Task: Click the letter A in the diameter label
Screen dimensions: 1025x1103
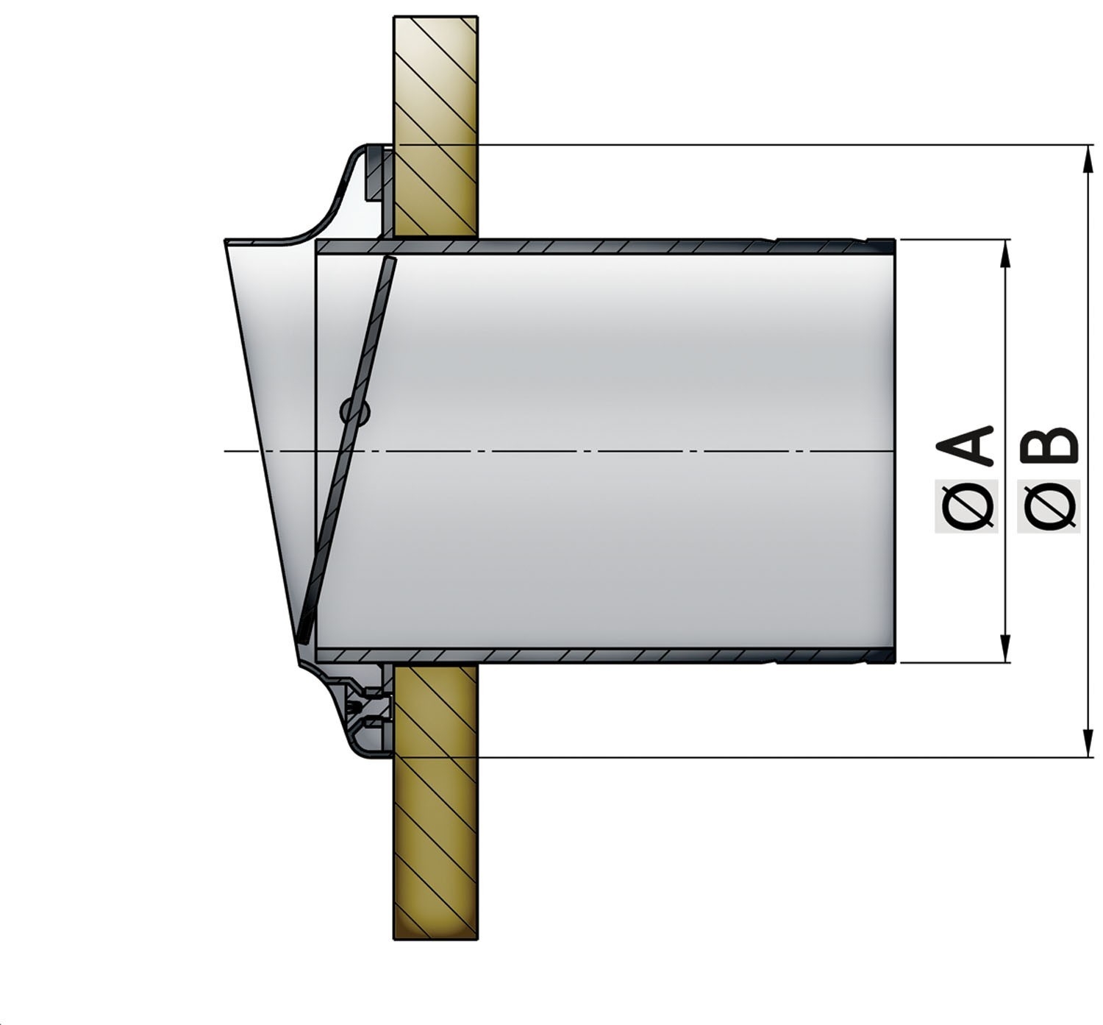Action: click(967, 445)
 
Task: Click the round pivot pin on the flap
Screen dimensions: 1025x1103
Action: click(355, 412)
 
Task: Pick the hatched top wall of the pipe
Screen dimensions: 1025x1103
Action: click(588, 247)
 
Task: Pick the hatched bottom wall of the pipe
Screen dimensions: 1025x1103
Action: click(588, 655)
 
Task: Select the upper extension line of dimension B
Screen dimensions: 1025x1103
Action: click(735, 145)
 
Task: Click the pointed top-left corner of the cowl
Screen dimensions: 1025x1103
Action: click(226, 241)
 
